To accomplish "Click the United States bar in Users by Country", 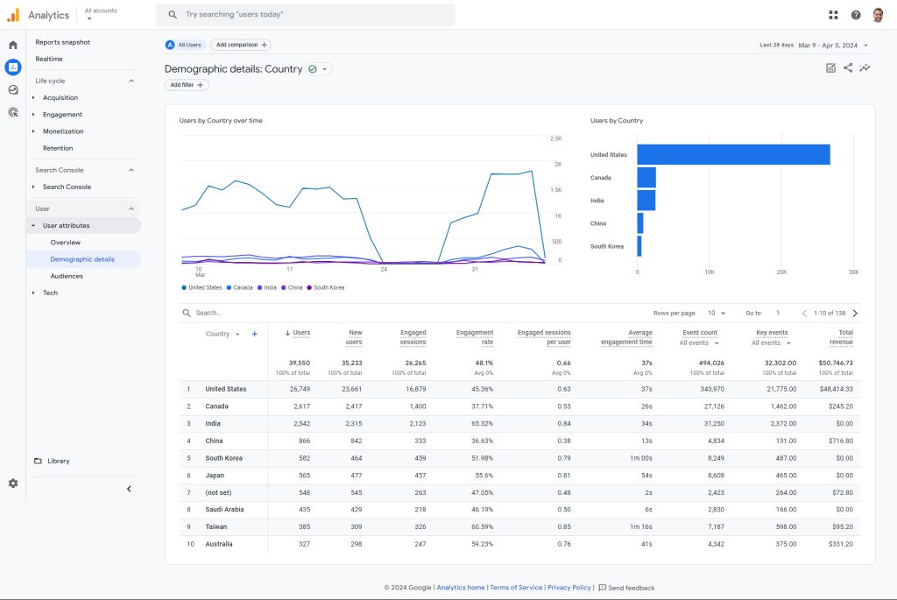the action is point(733,154).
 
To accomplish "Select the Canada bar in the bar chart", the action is point(646,177).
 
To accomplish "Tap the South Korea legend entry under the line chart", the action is point(326,287).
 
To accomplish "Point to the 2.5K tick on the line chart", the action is point(555,138).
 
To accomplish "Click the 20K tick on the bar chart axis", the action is point(781,272).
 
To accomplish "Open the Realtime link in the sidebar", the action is point(49,59).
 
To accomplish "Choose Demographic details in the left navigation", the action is point(82,259).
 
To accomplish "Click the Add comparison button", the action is point(241,45).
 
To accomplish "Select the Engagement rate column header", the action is point(475,337).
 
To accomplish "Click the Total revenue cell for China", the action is point(840,441).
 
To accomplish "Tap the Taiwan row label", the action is point(216,526).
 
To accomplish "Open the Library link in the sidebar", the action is point(59,461).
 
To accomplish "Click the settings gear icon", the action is point(13,484).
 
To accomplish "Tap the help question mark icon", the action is point(856,15).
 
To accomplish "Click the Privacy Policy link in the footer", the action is point(569,588).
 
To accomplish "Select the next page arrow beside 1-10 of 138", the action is point(855,313).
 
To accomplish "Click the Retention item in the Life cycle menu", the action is point(58,148).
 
